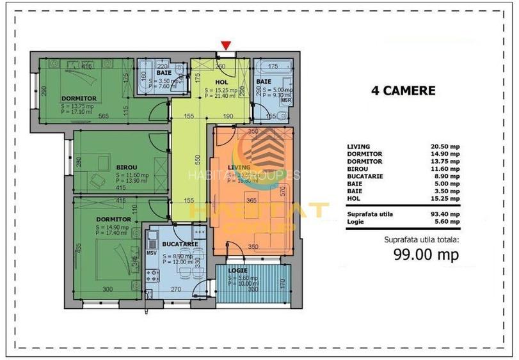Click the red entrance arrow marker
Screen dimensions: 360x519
[x=225, y=45]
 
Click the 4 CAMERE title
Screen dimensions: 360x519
[x=403, y=91]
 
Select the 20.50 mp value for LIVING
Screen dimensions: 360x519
[x=445, y=146]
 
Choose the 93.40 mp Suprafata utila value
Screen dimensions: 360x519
[x=445, y=214]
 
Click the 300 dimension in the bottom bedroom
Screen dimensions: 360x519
[x=108, y=289]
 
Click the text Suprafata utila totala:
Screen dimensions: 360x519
[x=421, y=240]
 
